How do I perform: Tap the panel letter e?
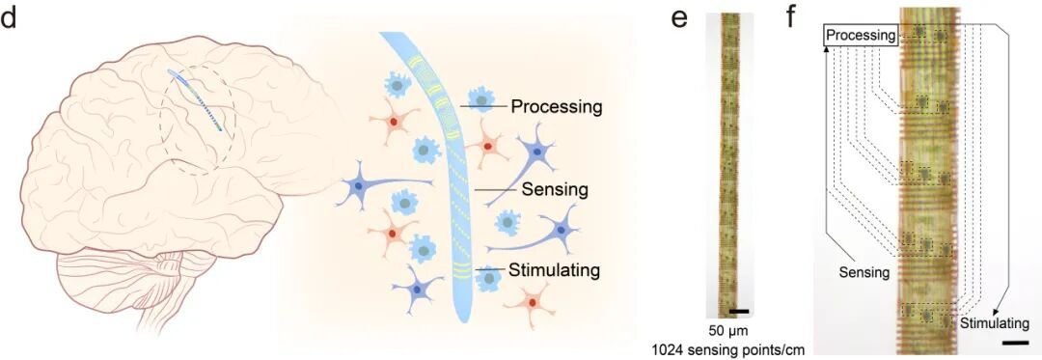point(678,19)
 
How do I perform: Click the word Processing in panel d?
point(557,106)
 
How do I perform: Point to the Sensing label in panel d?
point(555,189)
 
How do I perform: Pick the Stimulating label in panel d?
point(555,270)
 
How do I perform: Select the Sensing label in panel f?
point(863,271)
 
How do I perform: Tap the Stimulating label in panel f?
point(994,323)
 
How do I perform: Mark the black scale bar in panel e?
point(739,310)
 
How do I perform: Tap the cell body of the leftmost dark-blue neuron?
point(359,188)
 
